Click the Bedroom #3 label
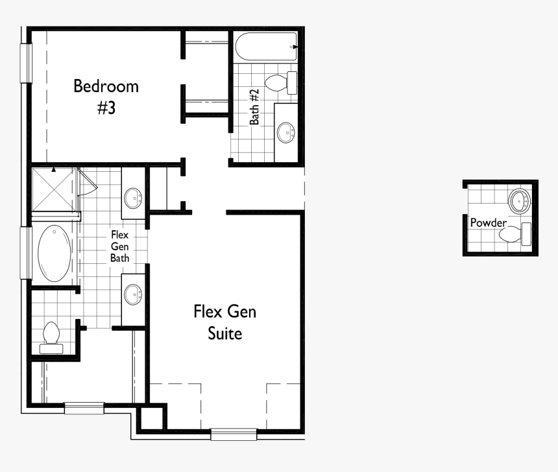coord(106,96)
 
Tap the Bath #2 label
coord(254,107)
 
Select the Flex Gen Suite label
coord(224,322)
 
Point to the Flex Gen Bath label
coord(120,246)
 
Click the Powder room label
coord(488,222)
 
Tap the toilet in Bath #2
coord(281,82)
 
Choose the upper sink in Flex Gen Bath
coord(134,197)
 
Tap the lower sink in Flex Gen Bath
coord(134,294)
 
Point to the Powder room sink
coord(519,201)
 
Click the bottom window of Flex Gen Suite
coord(234,434)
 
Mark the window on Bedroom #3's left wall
coord(26,63)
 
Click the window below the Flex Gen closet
coord(84,408)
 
